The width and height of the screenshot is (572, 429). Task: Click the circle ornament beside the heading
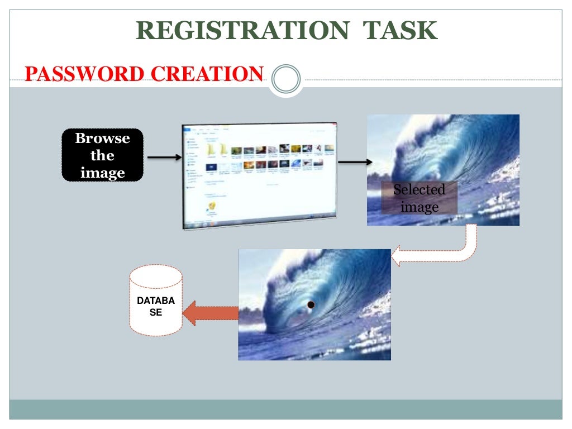(x=285, y=79)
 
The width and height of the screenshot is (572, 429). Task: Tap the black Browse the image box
(x=102, y=155)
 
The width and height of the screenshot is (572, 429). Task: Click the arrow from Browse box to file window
(x=164, y=158)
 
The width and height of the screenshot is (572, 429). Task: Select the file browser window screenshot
(x=260, y=175)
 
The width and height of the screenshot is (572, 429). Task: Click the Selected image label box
(x=420, y=198)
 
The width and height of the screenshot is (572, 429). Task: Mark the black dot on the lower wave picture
(x=311, y=304)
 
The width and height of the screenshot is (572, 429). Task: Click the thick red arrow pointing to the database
(x=211, y=313)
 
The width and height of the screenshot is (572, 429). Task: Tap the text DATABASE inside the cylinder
(x=156, y=307)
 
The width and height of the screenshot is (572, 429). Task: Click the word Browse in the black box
(x=102, y=138)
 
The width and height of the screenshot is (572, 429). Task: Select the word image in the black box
(x=102, y=173)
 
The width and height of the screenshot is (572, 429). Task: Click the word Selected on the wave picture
(x=420, y=190)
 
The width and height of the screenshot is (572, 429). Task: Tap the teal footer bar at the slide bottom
(x=286, y=409)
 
